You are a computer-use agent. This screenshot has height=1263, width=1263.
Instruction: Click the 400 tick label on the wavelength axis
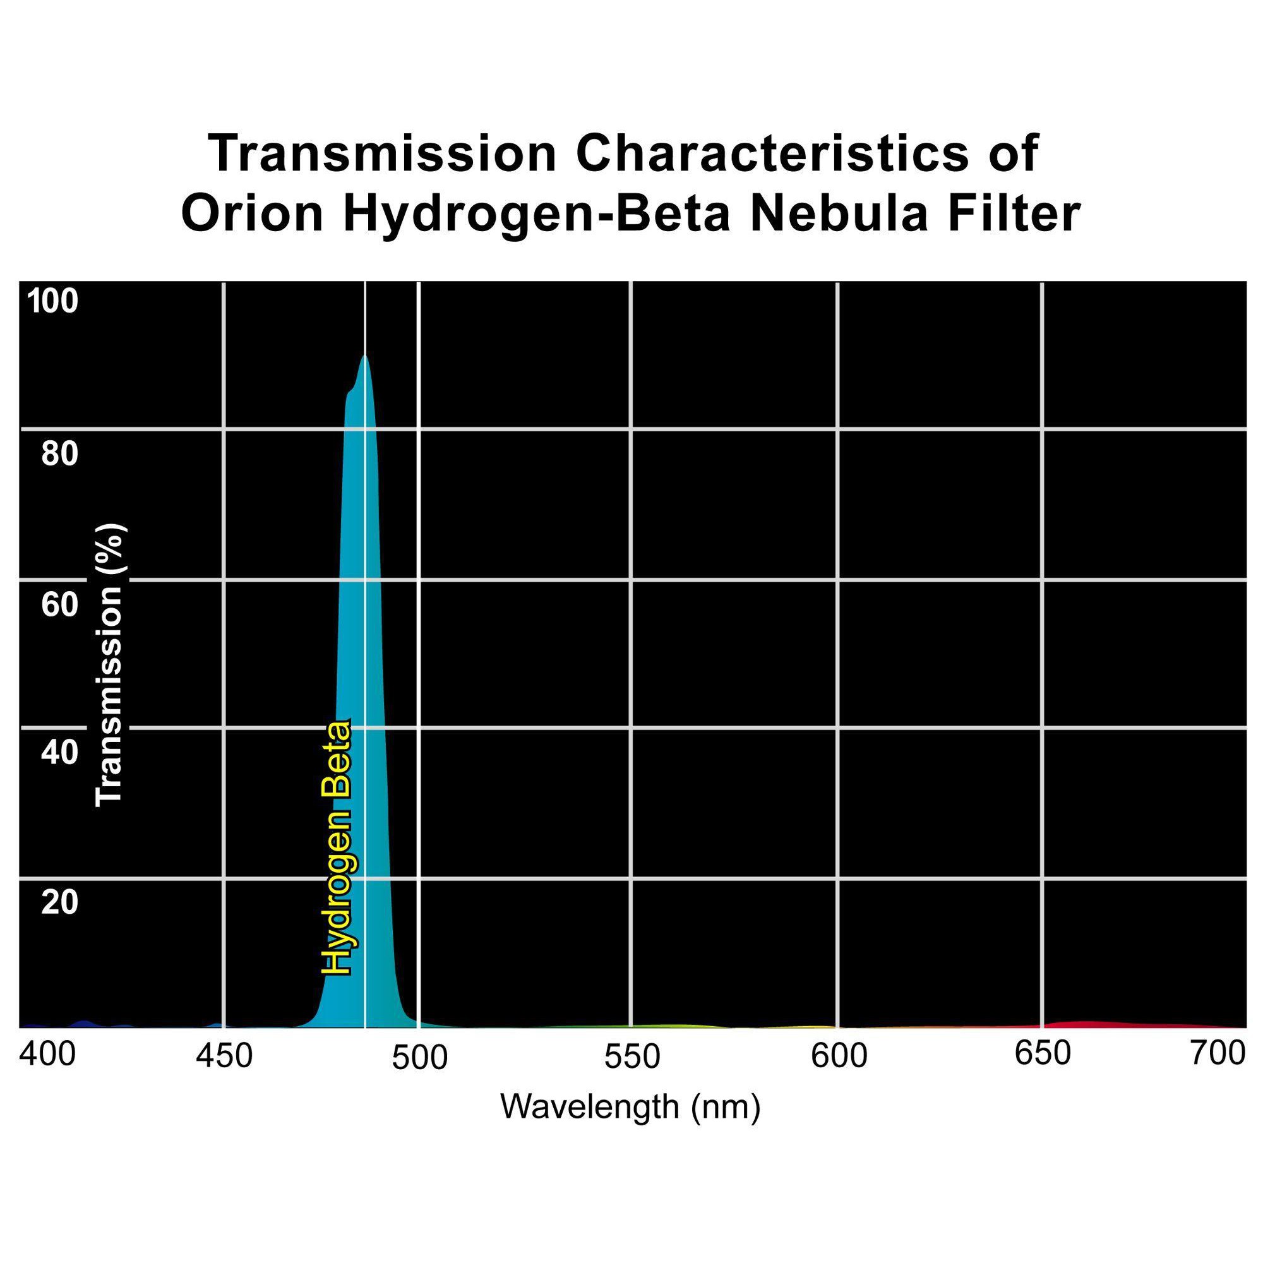[47, 1055]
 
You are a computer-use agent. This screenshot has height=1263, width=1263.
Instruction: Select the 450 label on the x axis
[224, 1056]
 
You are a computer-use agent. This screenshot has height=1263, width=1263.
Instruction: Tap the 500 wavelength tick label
[420, 1058]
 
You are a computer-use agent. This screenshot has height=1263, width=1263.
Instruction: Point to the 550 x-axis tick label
[631, 1057]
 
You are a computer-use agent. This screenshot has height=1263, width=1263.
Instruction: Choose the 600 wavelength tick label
[839, 1056]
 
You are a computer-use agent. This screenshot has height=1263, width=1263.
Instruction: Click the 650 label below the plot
[1042, 1053]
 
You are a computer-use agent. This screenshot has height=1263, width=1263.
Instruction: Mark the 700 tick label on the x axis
[1218, 1053]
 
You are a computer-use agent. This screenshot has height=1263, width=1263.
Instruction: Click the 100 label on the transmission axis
[52, 301]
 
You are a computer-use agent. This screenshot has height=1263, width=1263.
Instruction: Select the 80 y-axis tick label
[59, 453]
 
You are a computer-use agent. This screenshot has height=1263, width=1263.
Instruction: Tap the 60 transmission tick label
[59, 604]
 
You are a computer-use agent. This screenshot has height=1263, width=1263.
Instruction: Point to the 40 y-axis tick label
[59, 753]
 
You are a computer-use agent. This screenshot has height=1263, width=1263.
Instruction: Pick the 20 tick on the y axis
[59, 903]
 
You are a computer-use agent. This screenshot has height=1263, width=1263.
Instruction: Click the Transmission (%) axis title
[109, 666]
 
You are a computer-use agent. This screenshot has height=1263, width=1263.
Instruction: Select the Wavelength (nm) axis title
[630, 1107]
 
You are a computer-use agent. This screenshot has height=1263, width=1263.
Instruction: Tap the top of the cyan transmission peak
[365, 358]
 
